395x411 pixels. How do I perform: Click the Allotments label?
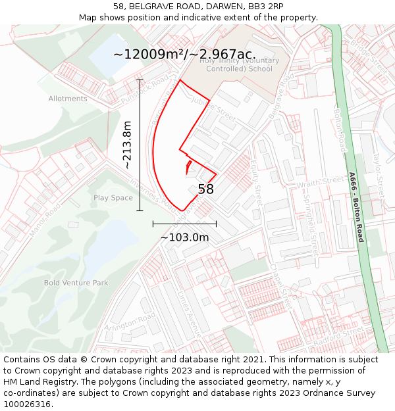click(68, 99)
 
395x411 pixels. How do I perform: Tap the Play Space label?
click(113, 197)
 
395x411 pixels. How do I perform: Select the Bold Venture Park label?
click(76, 283)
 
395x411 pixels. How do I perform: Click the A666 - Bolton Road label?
click(357, 207)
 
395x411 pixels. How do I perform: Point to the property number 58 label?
click(205, 189)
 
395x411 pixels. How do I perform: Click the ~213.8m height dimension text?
click(128, 145)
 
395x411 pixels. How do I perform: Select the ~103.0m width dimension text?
click(185, 237)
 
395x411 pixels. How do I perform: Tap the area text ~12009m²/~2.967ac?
click(184, 55)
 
